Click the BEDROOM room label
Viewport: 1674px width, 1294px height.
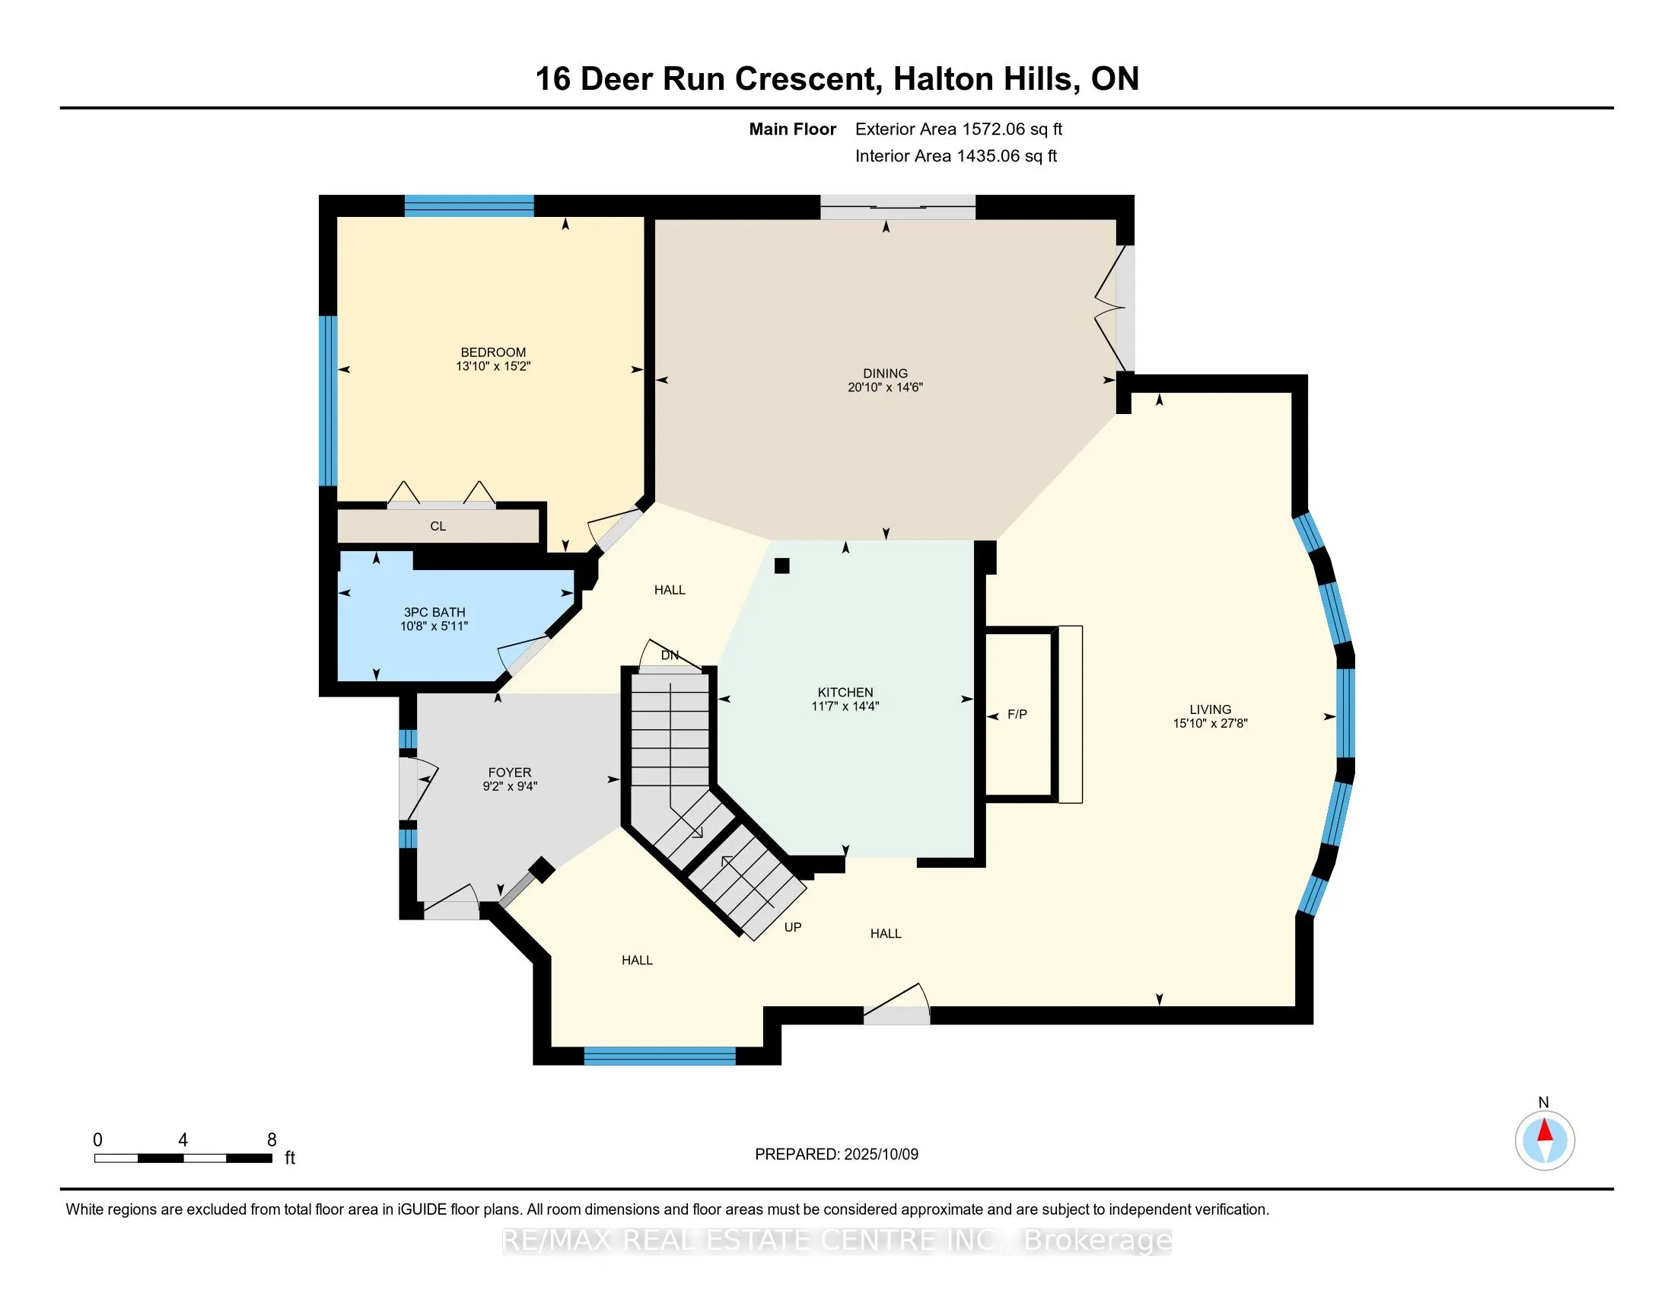click(x=493, y=352)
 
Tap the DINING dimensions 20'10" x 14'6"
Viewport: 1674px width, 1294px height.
click(x=884, y=388)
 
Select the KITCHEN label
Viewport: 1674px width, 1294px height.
click(x=845, y=692)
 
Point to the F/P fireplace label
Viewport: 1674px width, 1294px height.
click(x=1017, y=715)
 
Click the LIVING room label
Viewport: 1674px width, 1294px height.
click(x=1210, y=710)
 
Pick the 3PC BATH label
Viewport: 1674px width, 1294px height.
click(x=434, y=613)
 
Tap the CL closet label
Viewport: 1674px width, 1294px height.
click(x=438, y=527)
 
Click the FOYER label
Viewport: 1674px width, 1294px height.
click(x=510, y=773)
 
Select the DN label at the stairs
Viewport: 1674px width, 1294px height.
click(x=670, y=655)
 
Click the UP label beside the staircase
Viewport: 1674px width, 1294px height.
click(x=793, y=928)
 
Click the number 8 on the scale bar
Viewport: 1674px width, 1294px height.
click(x=272, y=1140)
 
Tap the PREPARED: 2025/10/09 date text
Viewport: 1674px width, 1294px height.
click(x=836, y=1155)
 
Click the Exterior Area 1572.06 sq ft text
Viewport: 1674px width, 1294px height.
click(x=958, y=129)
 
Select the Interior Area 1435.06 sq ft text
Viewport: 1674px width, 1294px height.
click(x=956, y=156)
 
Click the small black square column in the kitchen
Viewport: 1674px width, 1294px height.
click(x=781, y=566)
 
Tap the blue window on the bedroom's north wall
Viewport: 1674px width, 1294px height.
click(x=468, y=206)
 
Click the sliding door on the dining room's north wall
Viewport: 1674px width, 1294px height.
click(x=898, y=207)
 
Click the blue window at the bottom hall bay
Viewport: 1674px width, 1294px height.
click(x=659, y=1057)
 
